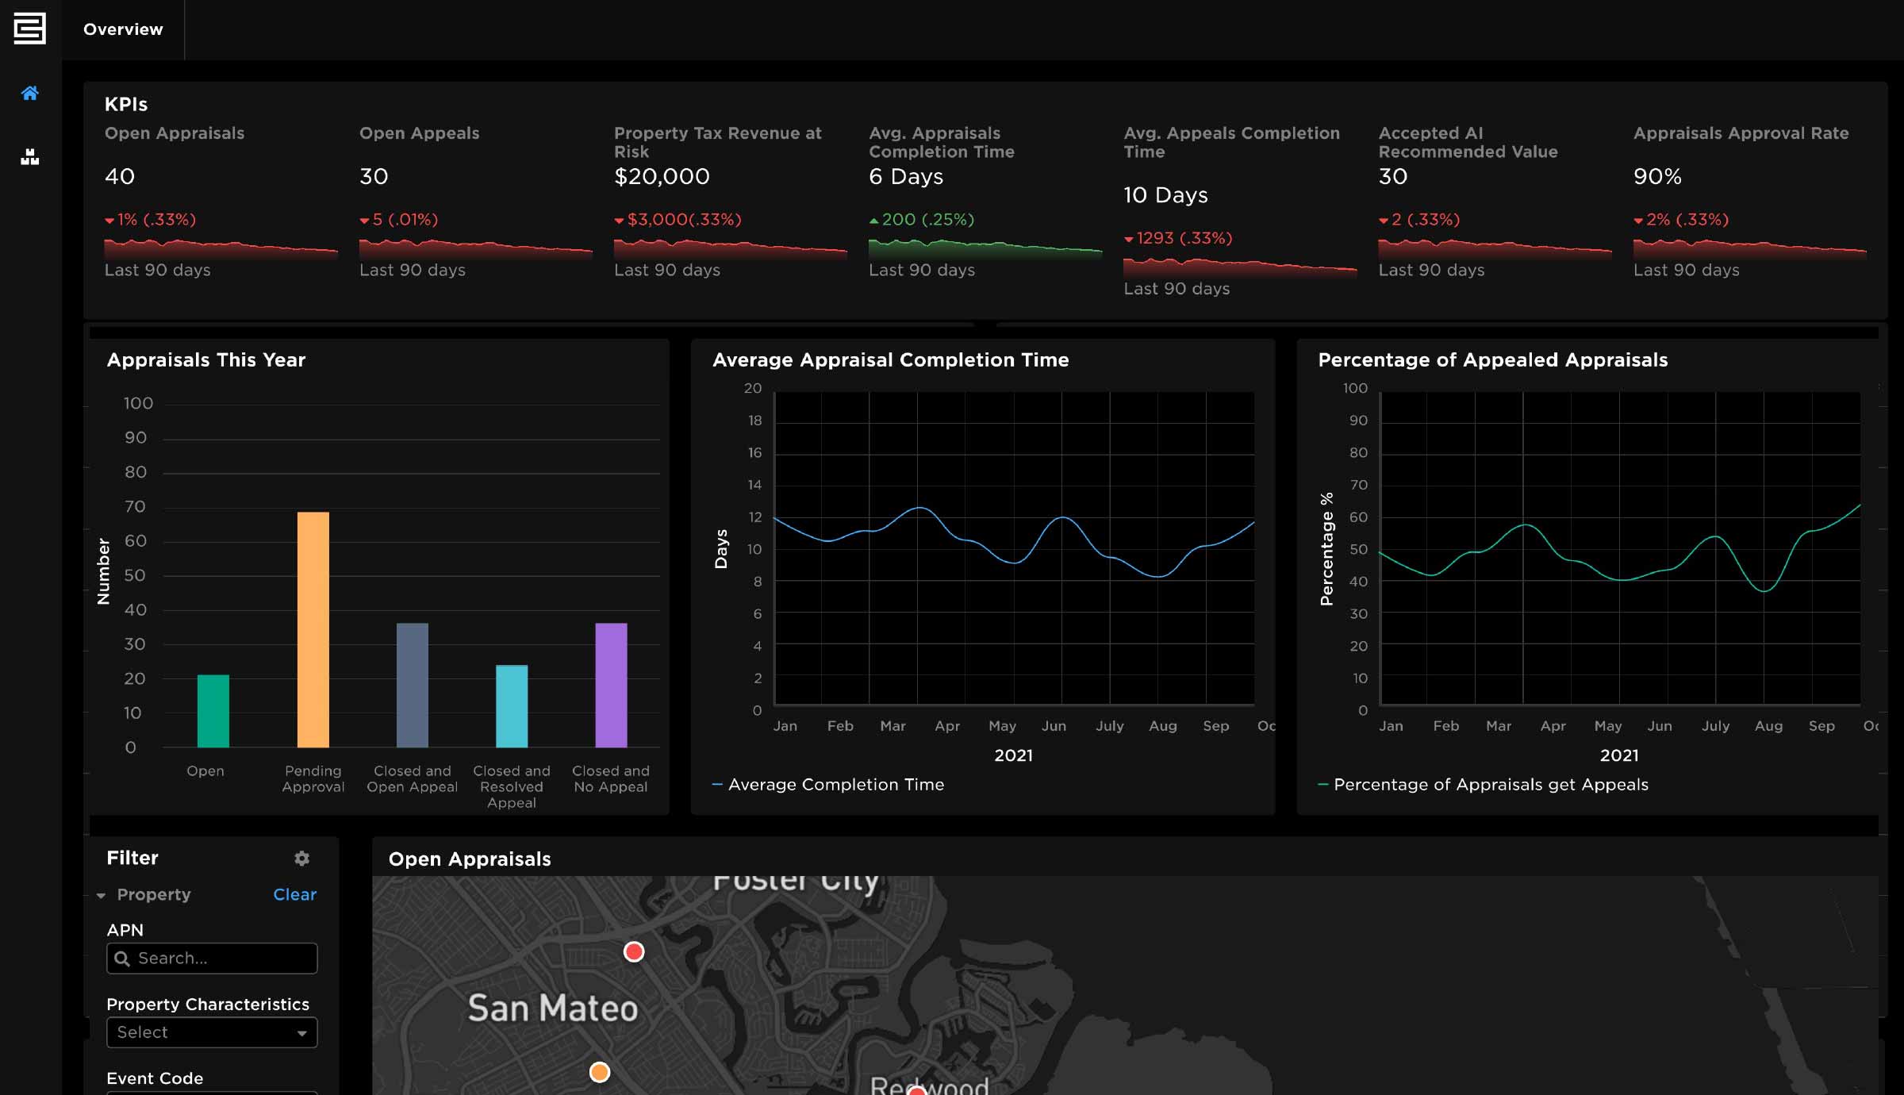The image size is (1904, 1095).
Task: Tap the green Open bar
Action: pos(213,711)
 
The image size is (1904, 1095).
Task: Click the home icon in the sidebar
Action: pos(30,94)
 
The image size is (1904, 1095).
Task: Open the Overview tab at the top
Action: pos(123,29)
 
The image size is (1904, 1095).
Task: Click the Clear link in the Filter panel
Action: pos(294,894)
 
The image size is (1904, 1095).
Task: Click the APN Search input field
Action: pos(212,958)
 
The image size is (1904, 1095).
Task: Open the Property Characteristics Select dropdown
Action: pos(212,1032)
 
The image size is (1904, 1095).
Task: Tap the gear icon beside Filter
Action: pos(301,858)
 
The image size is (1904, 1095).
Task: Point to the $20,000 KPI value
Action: pos(662,176)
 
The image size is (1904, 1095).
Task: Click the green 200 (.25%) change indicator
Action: pos(922,220)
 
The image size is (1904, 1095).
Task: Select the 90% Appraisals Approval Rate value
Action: pos(1657,176)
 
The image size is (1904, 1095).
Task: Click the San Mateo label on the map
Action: pos(552,1008)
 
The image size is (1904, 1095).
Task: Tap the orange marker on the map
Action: pos(600,1072)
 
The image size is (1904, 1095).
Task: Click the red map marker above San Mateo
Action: pos(634,951)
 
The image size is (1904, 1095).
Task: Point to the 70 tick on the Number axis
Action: pos(135,506)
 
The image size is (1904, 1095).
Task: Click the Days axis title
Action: pos(721,549)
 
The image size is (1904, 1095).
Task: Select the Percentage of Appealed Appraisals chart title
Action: pos(1492,360)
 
